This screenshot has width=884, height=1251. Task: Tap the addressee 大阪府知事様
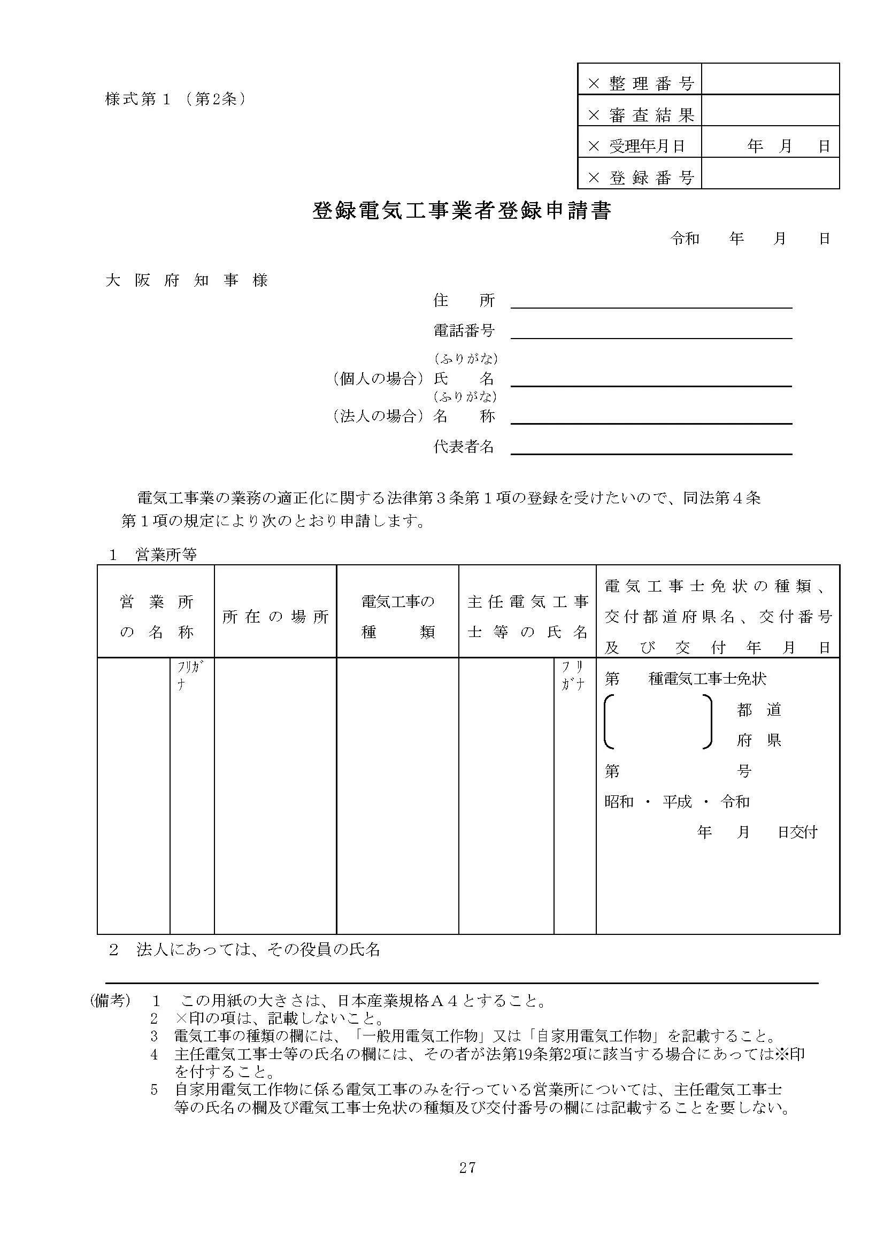pyautogui.click(x=187, y=281)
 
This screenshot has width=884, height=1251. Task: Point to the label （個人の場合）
pyautogui.click(x=378, y=379)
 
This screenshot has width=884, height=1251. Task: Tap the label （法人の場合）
pyautogui.click(x=378, y=417)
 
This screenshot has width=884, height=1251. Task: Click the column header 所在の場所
pyautogui.click(x=275, y=617)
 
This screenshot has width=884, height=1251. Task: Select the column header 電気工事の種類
pyautogui.click(x=397, y=617)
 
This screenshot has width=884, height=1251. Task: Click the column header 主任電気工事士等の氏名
pyautogui.click(x=527, y=617)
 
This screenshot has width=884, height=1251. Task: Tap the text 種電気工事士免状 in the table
pyautogui.click(x=707, y=679)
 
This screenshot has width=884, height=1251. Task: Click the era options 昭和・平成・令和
pyautogui.click(x=677, y=802)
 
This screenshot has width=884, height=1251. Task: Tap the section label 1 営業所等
pyautogui.click(x=153, y=555)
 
